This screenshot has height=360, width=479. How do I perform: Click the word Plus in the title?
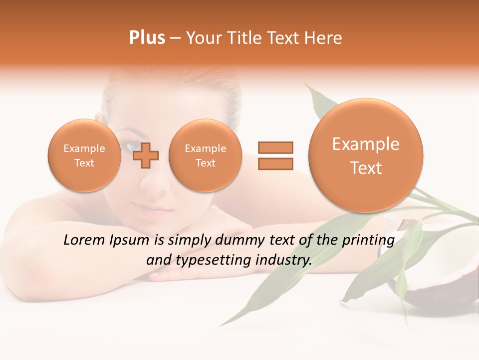(x=147, y=38)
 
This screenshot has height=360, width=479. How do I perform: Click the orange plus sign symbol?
(x=146, y=155)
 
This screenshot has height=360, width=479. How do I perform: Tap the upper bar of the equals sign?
(x=275, y=147)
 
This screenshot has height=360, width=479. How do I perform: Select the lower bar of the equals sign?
(x=275, y=163)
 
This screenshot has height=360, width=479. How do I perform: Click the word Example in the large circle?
(x=366, y=144)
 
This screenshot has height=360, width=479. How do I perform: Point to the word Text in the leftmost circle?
(x=84, y=163)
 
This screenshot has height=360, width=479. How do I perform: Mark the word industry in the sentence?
(x=283, y=260)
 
